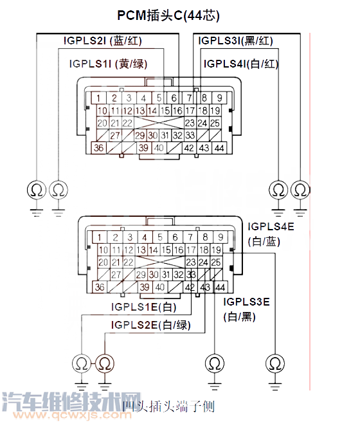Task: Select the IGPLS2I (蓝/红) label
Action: (102, 41)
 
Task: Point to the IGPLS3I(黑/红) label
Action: (238, 41)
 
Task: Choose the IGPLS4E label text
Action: (271, 226)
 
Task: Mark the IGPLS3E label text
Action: (246, 301)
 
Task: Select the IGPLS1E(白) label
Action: (143, 307)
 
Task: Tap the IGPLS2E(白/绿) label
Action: (150, 325)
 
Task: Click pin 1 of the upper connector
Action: (98, 98)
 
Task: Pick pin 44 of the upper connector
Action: (221, 148)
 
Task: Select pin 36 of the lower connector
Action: (99, 287)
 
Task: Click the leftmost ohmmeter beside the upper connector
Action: (35, 190)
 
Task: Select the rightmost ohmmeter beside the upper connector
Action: (300, 190)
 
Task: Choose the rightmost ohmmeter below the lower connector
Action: (276, 363)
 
